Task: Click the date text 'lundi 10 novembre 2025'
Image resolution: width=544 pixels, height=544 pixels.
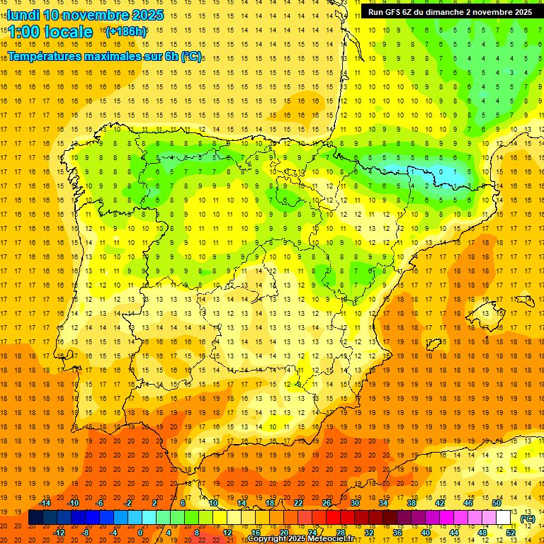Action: pos(85,15)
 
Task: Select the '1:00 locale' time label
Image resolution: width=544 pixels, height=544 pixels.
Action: pos(50,32)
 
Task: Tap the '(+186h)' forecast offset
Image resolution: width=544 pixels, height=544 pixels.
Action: pos(125,32)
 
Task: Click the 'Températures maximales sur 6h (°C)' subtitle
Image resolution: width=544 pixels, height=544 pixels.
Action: pos(104,56)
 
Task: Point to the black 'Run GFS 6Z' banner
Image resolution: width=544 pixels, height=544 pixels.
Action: pos(450,11)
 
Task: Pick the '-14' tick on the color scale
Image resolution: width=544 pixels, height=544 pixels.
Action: pos(45,503)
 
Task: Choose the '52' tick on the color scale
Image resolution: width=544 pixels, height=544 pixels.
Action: pos(511,532)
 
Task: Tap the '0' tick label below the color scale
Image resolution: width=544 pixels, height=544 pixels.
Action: pos(140,532)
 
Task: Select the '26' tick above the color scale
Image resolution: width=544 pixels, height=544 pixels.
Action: pos(327,503)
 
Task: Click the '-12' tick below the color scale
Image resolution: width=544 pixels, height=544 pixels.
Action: pos(59,532)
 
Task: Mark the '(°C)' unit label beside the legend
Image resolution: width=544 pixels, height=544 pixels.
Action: pos(528,518)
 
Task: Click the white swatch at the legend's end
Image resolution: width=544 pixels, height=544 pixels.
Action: pos(504,518)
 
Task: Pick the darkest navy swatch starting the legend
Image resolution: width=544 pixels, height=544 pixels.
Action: pos(35,518)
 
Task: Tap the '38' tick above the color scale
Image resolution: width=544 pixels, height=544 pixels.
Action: pos(412,503)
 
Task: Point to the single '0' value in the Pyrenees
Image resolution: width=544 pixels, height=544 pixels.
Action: pos(441,171)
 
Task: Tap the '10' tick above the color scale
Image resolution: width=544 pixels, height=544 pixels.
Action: pos(213,503)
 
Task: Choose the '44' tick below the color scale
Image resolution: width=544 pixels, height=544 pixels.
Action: pos(454,532)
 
